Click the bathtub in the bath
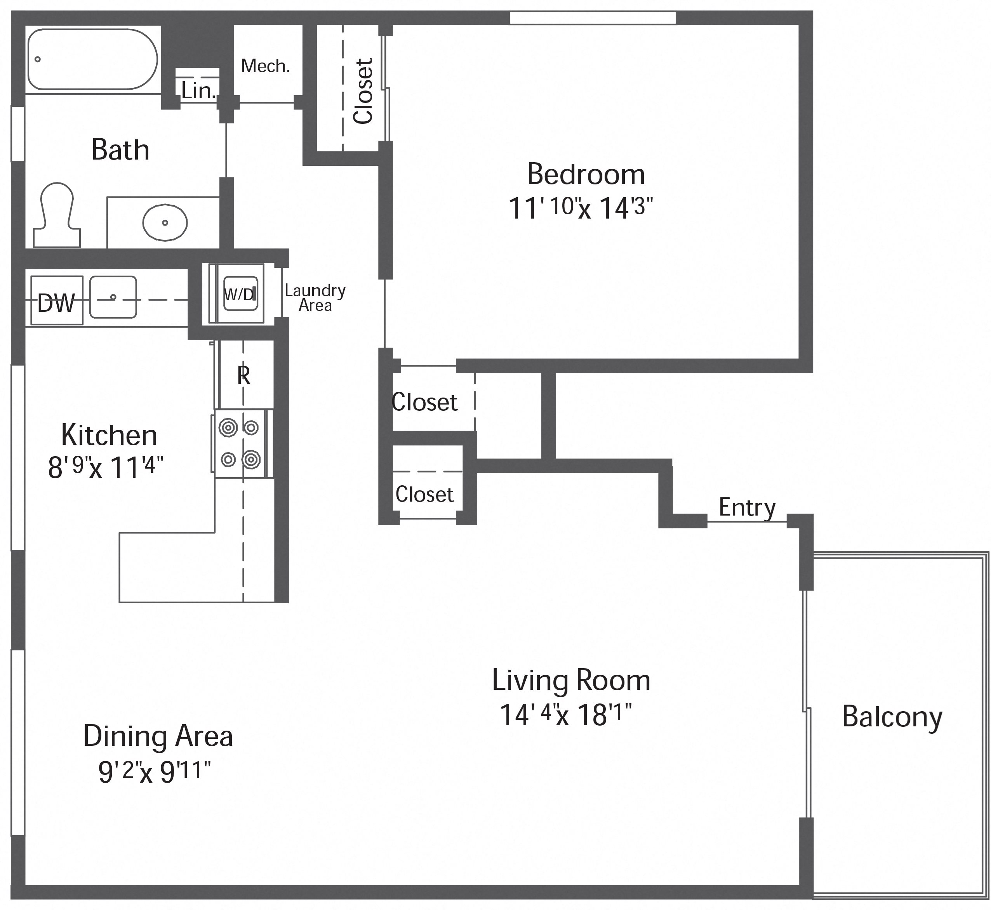coord(92,59)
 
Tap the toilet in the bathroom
coord(57,215)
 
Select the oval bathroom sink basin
coord(165,222)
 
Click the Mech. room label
coord(266,66)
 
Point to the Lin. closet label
coord(198,90)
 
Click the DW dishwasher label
coord(56,303)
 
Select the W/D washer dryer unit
coord(240,294)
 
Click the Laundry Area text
coord(315,298)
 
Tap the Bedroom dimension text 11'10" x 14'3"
coord(581,208)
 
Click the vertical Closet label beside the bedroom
coord(364,91)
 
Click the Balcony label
coord(892,717)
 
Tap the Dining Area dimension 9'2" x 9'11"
coord(155,771)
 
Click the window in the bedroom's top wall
coord(593,18)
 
